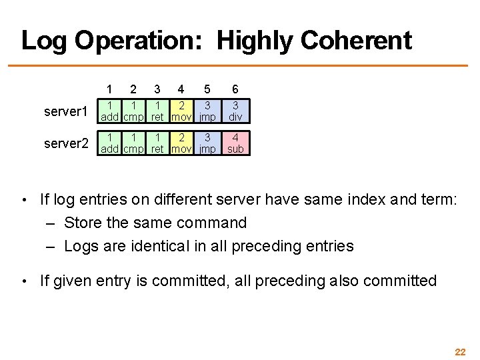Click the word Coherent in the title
coord(356,41)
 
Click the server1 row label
coord(66,111)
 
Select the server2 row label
coord(66,143)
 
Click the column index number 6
coord(235,89)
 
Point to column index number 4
coord(180,89)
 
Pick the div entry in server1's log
coord(235,111)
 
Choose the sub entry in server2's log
coord(235,143)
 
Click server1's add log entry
coord(111,111)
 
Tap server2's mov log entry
coord(180,143)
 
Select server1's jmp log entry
coord(207,111)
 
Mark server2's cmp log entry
coord(134,143)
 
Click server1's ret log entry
coord(157,111)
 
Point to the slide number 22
coord(459,351)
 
